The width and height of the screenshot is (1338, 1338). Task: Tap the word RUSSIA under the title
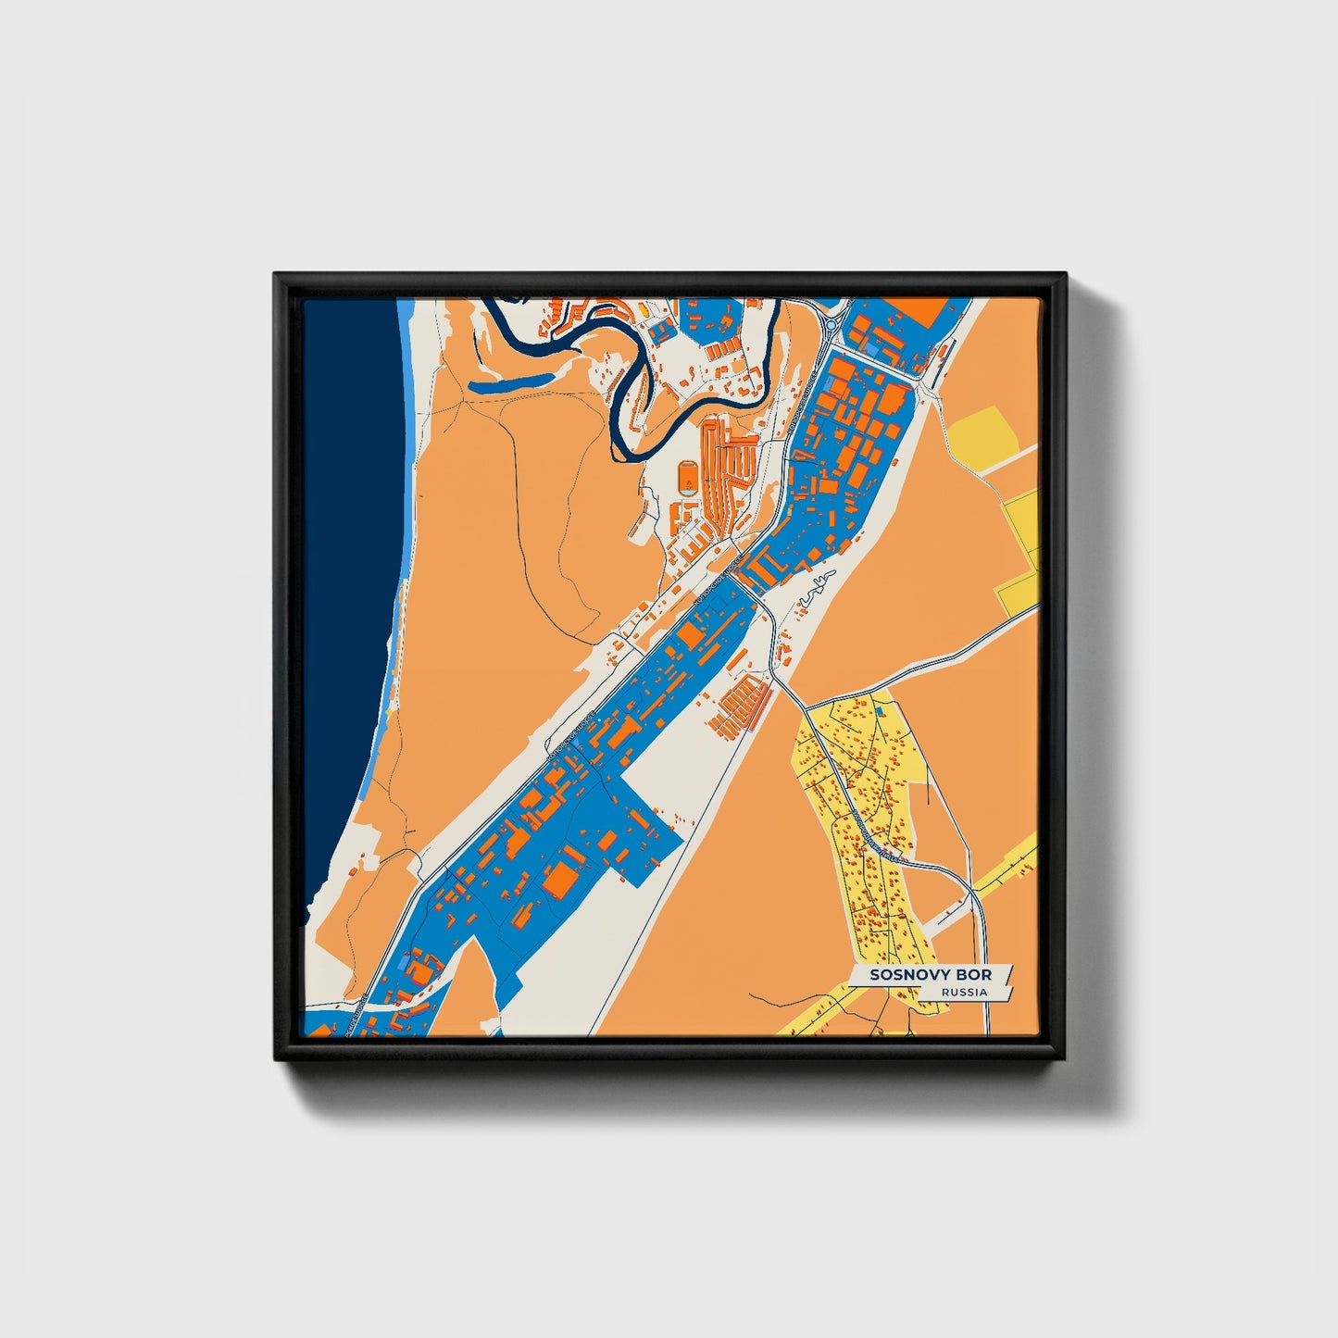click(963, 993)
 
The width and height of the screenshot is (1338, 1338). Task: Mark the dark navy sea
click(347, 602)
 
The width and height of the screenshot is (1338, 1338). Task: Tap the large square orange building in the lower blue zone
click(560, 881)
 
